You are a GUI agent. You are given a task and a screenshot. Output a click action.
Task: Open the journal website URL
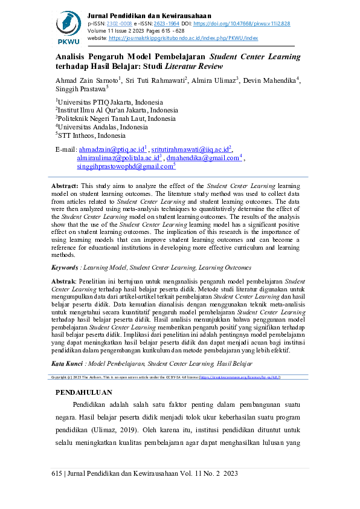pos(183,37)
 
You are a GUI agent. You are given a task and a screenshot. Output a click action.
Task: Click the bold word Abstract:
pos(65,186)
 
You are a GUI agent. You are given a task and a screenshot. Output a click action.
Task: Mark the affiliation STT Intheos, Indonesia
pos(91,136)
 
